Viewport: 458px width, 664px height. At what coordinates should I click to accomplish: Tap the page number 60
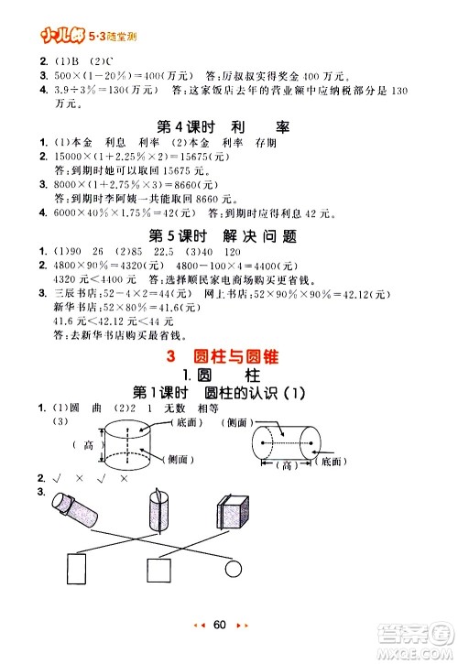point(219,625)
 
